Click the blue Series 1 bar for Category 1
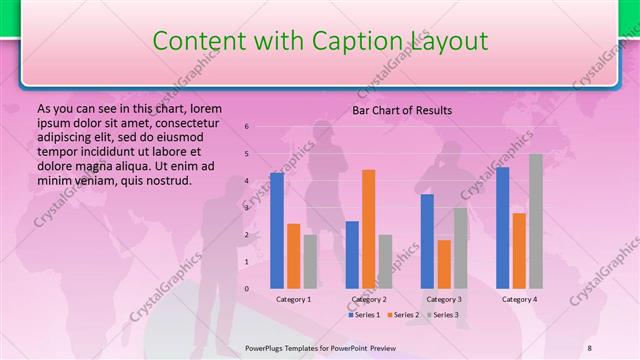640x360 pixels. (x=277, y=230)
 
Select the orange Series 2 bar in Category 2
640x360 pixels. (x=368, y=229)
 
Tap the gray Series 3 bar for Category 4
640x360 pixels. (x=536, y=221)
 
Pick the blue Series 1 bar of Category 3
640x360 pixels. (x=427, y=241)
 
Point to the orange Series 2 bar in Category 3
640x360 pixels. (x=443, y=264)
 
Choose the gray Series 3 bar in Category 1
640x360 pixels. (x=310, y=261)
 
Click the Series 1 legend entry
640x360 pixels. (x=364, y=315)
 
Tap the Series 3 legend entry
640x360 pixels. (x=443, y=315)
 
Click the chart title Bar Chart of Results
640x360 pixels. (x=402, y=110)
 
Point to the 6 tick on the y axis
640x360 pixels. (x=247, y=127)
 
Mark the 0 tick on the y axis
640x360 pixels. (x=247, y=289)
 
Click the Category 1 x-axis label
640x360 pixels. (x=293, y=299)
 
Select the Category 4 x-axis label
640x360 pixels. (x=519, y=299)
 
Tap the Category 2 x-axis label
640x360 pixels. (x=368, y=299)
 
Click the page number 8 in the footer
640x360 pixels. (x=590, y=347)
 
